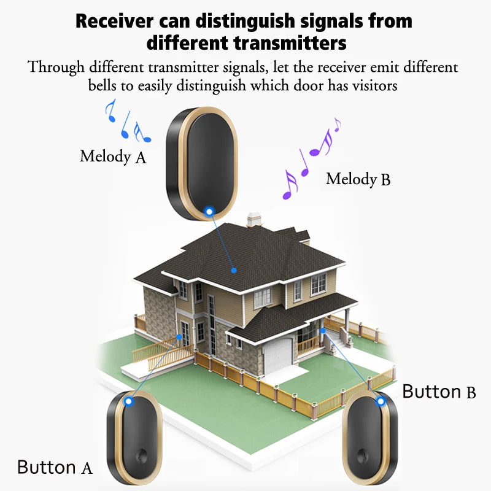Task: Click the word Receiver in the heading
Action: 115,21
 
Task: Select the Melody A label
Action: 113,157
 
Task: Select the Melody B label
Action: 358,179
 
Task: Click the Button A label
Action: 55,468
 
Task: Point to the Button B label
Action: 439,392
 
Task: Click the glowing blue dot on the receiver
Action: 209,212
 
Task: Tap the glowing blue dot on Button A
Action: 128,401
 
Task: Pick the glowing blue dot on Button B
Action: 381,401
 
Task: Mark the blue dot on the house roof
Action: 234,270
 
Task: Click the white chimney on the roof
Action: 254,220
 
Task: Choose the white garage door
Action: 279,356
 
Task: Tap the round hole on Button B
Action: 362,455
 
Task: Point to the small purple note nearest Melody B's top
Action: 337,125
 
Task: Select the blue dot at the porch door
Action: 323,330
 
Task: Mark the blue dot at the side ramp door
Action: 179,337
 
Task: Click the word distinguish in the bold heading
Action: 245,21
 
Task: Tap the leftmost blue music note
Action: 111,110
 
